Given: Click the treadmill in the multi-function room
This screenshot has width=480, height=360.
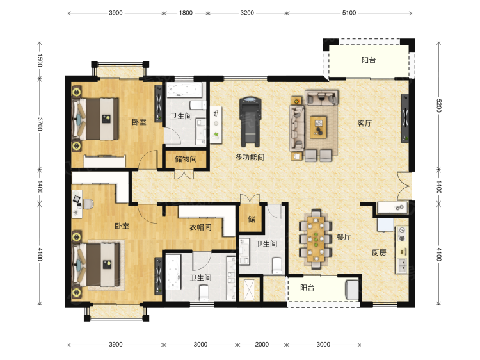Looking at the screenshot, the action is [251, 122].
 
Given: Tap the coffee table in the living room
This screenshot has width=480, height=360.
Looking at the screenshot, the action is [318, 127].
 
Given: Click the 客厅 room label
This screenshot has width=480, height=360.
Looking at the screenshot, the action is [365, 123].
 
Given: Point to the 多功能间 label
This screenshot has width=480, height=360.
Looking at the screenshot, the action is [250, 157].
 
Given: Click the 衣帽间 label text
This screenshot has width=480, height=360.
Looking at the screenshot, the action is [200, 227].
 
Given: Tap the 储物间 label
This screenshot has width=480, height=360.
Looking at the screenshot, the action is [186, 159].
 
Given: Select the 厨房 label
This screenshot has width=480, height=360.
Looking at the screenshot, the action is [379, 252].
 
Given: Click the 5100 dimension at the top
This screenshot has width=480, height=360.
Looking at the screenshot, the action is [349, 13].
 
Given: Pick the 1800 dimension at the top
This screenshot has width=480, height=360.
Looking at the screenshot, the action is [186, 13].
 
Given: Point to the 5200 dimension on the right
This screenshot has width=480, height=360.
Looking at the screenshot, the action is [438, 106].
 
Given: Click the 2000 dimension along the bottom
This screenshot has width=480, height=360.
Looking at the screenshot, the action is [262, 345].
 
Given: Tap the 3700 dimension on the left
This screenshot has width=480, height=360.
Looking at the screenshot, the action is [40, 124].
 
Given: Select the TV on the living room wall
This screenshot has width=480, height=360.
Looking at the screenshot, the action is [405, 119].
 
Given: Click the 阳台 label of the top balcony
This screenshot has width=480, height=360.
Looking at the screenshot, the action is [369, 60].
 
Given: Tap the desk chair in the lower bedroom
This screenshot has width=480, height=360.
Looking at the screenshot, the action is [88, 204].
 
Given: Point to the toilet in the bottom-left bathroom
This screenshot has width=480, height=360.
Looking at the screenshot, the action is [204, 293].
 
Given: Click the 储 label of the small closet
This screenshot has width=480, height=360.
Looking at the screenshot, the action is [252, 219].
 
